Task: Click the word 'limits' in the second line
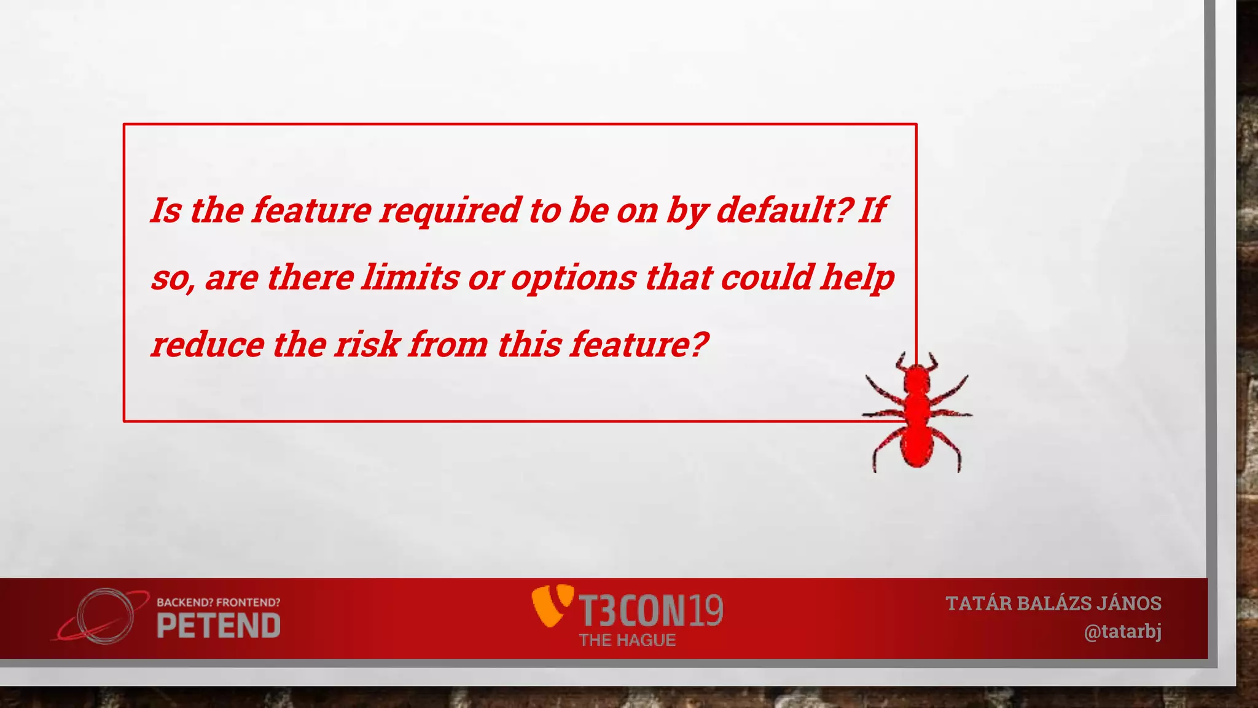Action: (x=410, y=278)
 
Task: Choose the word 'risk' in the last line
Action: (x=367, y=344)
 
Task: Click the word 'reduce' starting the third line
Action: (x=207, y=344)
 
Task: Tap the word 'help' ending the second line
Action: (x=858, y=278)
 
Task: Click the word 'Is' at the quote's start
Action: (x=166, y=211)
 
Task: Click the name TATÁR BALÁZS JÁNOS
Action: (x=1053, y=604)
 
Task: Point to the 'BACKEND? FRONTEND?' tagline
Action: (x=219, y=602)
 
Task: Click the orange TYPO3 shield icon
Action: (x=551, y=605)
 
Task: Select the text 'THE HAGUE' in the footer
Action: (x=627, y=640)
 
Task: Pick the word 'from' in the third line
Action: (x=448, y=344)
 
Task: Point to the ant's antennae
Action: (x=916, y=361)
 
